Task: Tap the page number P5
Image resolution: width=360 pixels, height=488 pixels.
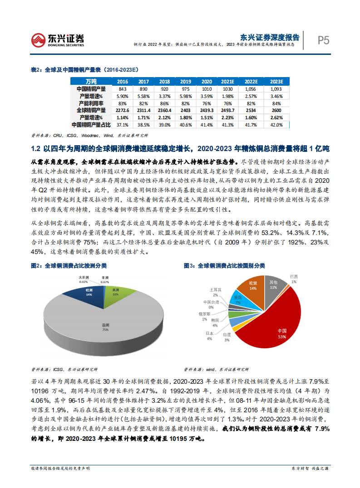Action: (323, 40)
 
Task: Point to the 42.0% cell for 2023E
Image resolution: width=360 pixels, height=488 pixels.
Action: (276, 124)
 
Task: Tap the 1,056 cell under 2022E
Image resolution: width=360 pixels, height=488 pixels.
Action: (252, 89)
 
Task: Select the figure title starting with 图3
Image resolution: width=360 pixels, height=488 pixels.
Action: (224, 265)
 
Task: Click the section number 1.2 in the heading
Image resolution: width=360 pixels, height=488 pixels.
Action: (36, 148)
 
